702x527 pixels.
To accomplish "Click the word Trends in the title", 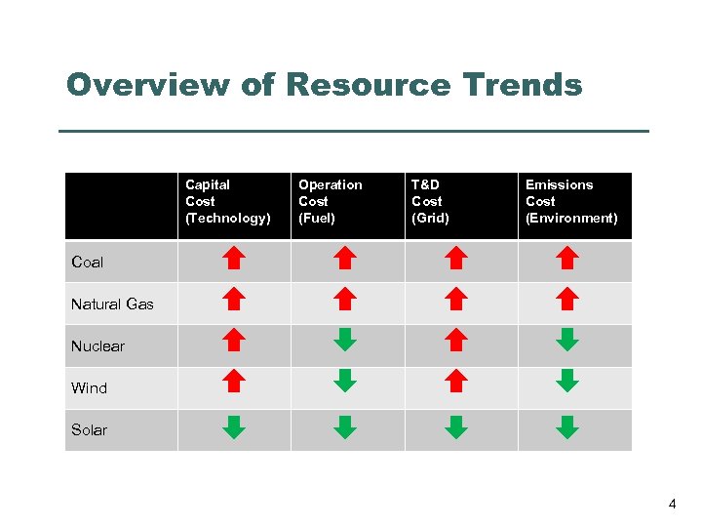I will tap(523, 85).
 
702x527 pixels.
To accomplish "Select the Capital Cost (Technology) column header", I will tap(227, 201).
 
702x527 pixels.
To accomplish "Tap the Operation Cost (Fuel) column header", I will tap(330, 201).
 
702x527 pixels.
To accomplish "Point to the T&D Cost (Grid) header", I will tap(430, 201).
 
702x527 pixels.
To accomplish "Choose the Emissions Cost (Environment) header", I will tap(571, 201).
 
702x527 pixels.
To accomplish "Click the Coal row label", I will tap(87, 262).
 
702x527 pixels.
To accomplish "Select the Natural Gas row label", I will tap(112, 304).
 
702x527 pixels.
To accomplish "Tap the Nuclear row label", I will tap(97, 345).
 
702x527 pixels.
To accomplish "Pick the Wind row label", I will tap(89, 387).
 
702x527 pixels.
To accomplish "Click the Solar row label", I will tap(89, 429).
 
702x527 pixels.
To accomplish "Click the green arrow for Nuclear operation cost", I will tap(345, 339).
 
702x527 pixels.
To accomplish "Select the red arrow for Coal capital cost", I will tap(233, 258).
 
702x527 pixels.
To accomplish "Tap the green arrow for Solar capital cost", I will tap(233, 426).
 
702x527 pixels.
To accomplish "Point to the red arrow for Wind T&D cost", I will tap(456, 380).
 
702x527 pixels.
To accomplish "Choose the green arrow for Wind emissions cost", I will tap(567, 380).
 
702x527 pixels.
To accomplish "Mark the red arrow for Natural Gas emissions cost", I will tap(567, 298).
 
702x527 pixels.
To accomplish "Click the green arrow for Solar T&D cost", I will tap(456, 426).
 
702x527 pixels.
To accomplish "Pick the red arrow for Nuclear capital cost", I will tap(233, 339).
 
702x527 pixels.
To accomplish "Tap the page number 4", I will tap(672, 505).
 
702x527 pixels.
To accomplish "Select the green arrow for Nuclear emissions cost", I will tap(567, 339).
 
